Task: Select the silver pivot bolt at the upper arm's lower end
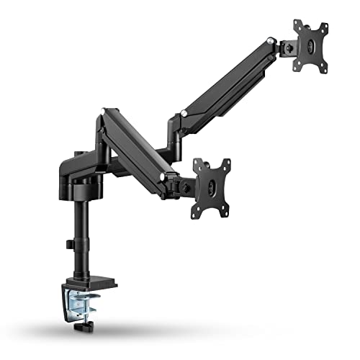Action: tap(186, 113)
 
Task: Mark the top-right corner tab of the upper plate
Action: tap(324, 27)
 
